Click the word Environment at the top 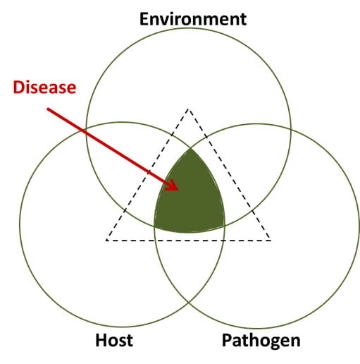pyautogui.click(x=193, y=19)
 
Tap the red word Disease pyautogui.click(x=44, y=87)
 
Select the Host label pyautogui.click(x=114, y=340)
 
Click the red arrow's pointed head pyautogui.click(x=178, y=190)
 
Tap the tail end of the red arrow pyautogui.click(x=48, y=109)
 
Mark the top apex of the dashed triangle pyautogui.click(x=188, y=109)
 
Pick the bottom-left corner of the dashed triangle pyautogui.click(x=106, y=241)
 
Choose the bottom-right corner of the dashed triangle pyautogui.click(x=271, y=241)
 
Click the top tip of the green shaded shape pyautogui.click(x=190, y=149)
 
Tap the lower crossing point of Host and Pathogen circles pyautogui.click(x=189, y=302)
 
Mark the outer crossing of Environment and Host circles pyautogui.click(x=87, y=128)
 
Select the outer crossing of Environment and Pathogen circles pyautogui.click(x=291, y=130)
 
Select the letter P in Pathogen pyautogui.click(x=226, y=340)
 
